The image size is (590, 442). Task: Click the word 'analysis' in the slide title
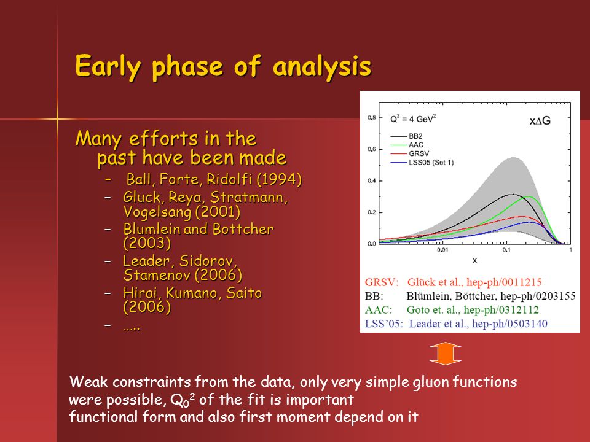pyautogui.click(x=322, y=66)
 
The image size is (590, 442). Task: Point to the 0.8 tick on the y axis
pyautogui.click(x=372, y=118)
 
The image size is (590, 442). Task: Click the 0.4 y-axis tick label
pyautogui.click(x=372, y=180)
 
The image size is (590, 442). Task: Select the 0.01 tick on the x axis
pyautogui.click(x=442, y=250)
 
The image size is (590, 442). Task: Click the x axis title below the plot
pyautogui.click(x=474, y=260)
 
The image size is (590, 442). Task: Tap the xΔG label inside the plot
pyautogui.click(x=540, y=121)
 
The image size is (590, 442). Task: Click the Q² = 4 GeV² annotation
pyautogui.click(x=413, y=118)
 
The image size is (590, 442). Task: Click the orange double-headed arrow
pyautogui.click(x=446, y=354)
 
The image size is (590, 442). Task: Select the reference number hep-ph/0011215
pyautogui.click(x=504, y=282)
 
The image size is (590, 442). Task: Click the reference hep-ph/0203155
pyautogui.click(x=538, y=296)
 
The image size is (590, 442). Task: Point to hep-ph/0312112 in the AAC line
pyautogui.click(x=502, y=310)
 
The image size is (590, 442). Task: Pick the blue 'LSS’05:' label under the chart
pyautogui.click(x=383, y=324)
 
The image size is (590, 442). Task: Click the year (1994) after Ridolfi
pyautogui.click(x=279, y=179)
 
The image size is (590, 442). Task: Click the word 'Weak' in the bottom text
pyautogui.click(x=88, y=382)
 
